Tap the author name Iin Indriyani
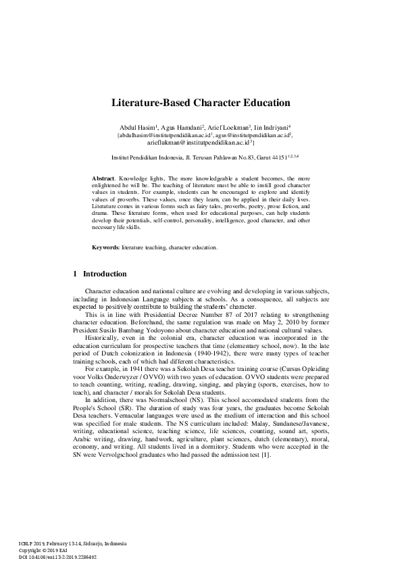[x=271, y=127]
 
